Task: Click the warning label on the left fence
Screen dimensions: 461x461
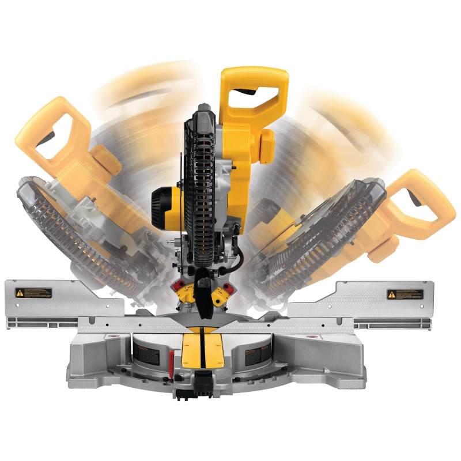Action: pos(33,293)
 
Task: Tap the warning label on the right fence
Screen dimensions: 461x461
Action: pos(405,294)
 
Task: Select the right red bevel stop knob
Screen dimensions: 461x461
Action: pos(228,286)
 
